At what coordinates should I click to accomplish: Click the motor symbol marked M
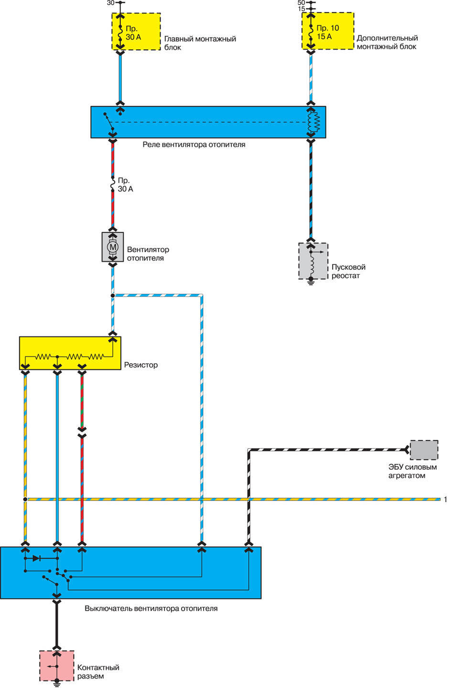point(113,247)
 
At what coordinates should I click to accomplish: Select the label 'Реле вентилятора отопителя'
point(194,144)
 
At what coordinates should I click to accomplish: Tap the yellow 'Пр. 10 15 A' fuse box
point(328,31)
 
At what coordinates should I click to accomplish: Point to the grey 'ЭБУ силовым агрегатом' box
point(424,450)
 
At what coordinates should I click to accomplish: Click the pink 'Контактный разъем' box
point(56,666)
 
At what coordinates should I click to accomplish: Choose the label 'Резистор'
point(141,365)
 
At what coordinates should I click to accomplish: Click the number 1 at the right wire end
point(445,499)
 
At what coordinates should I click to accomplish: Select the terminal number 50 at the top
point(301,3)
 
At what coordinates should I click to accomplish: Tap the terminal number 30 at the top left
point(110,3)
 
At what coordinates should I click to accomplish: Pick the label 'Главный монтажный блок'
point(200,43)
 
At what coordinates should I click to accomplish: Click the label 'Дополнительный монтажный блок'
point(387,42)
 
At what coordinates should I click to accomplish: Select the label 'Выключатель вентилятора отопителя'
point(151,609)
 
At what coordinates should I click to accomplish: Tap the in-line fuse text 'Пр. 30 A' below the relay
point(126,185)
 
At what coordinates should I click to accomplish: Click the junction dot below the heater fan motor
point(113,296)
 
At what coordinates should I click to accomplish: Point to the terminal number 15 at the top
point(301,9)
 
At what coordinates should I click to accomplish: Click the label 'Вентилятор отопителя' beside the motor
point(148,254)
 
